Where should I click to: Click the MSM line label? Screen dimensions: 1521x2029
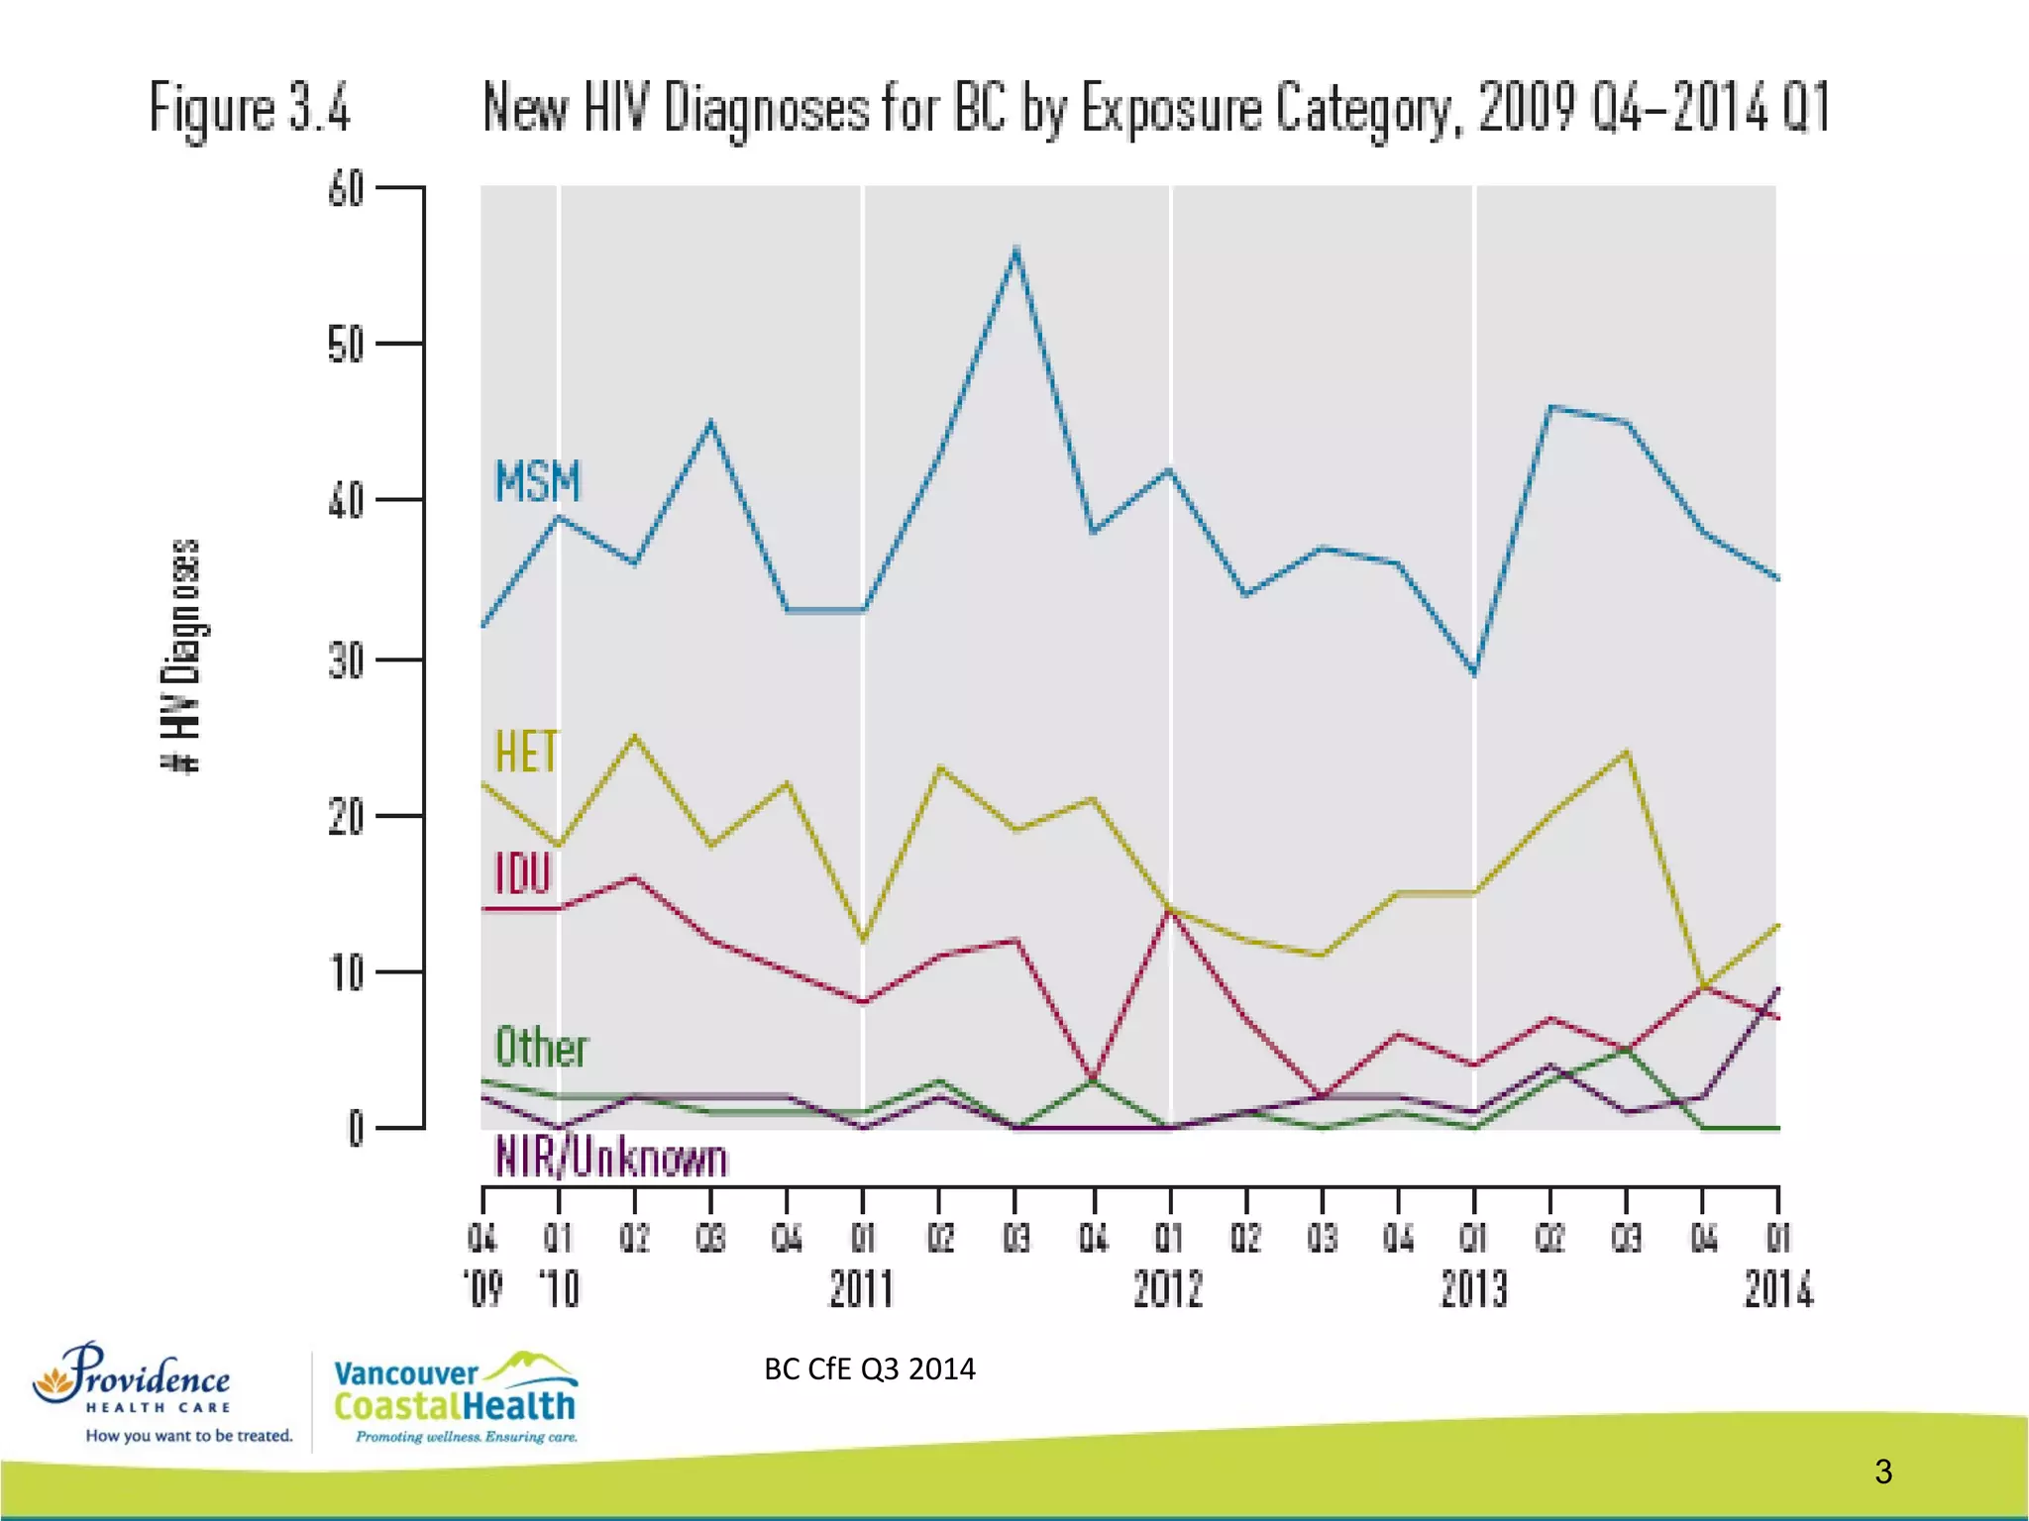pyautogui.click(x=537, y=482)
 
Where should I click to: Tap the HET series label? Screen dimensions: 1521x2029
pyautogui.click(x=527, y=752)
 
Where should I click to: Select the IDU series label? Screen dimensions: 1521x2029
pyautogui.click(x=522, y=874)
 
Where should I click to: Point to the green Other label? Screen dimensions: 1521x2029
pyautogui.click(x=541, y=1048)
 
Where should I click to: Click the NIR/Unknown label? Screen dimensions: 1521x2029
pyautogui.click(x=611, y=1158)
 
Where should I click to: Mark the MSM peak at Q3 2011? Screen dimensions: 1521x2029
pyautogui.click(x=1016, y=250)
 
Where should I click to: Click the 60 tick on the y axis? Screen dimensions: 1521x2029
pyautogui.click(x=347, y=188)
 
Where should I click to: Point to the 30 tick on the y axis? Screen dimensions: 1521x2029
pyautogui.click(x=347, y=660)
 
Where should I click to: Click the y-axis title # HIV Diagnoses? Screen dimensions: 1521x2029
pyautogui.click(x=181, y=655)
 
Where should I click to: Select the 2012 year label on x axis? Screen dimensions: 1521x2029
pyautogui.click(x=1168, y=1290)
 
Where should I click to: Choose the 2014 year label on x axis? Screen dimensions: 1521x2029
pyautogui.click(x=1778, y=1290)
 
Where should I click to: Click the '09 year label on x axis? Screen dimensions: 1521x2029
pyautogui.click(x=483, y=1290)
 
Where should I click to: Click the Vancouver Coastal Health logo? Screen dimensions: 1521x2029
pyautogui.click(x=456, y=1397)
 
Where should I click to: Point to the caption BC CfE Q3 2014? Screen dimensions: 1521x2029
pyautogui.click(x=869, y=1369)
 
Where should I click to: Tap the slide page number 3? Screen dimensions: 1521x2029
pyautogui.click(x=1883, y=1471)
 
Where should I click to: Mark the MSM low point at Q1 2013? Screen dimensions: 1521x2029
pyautogui.click(x=1475, y=674)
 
